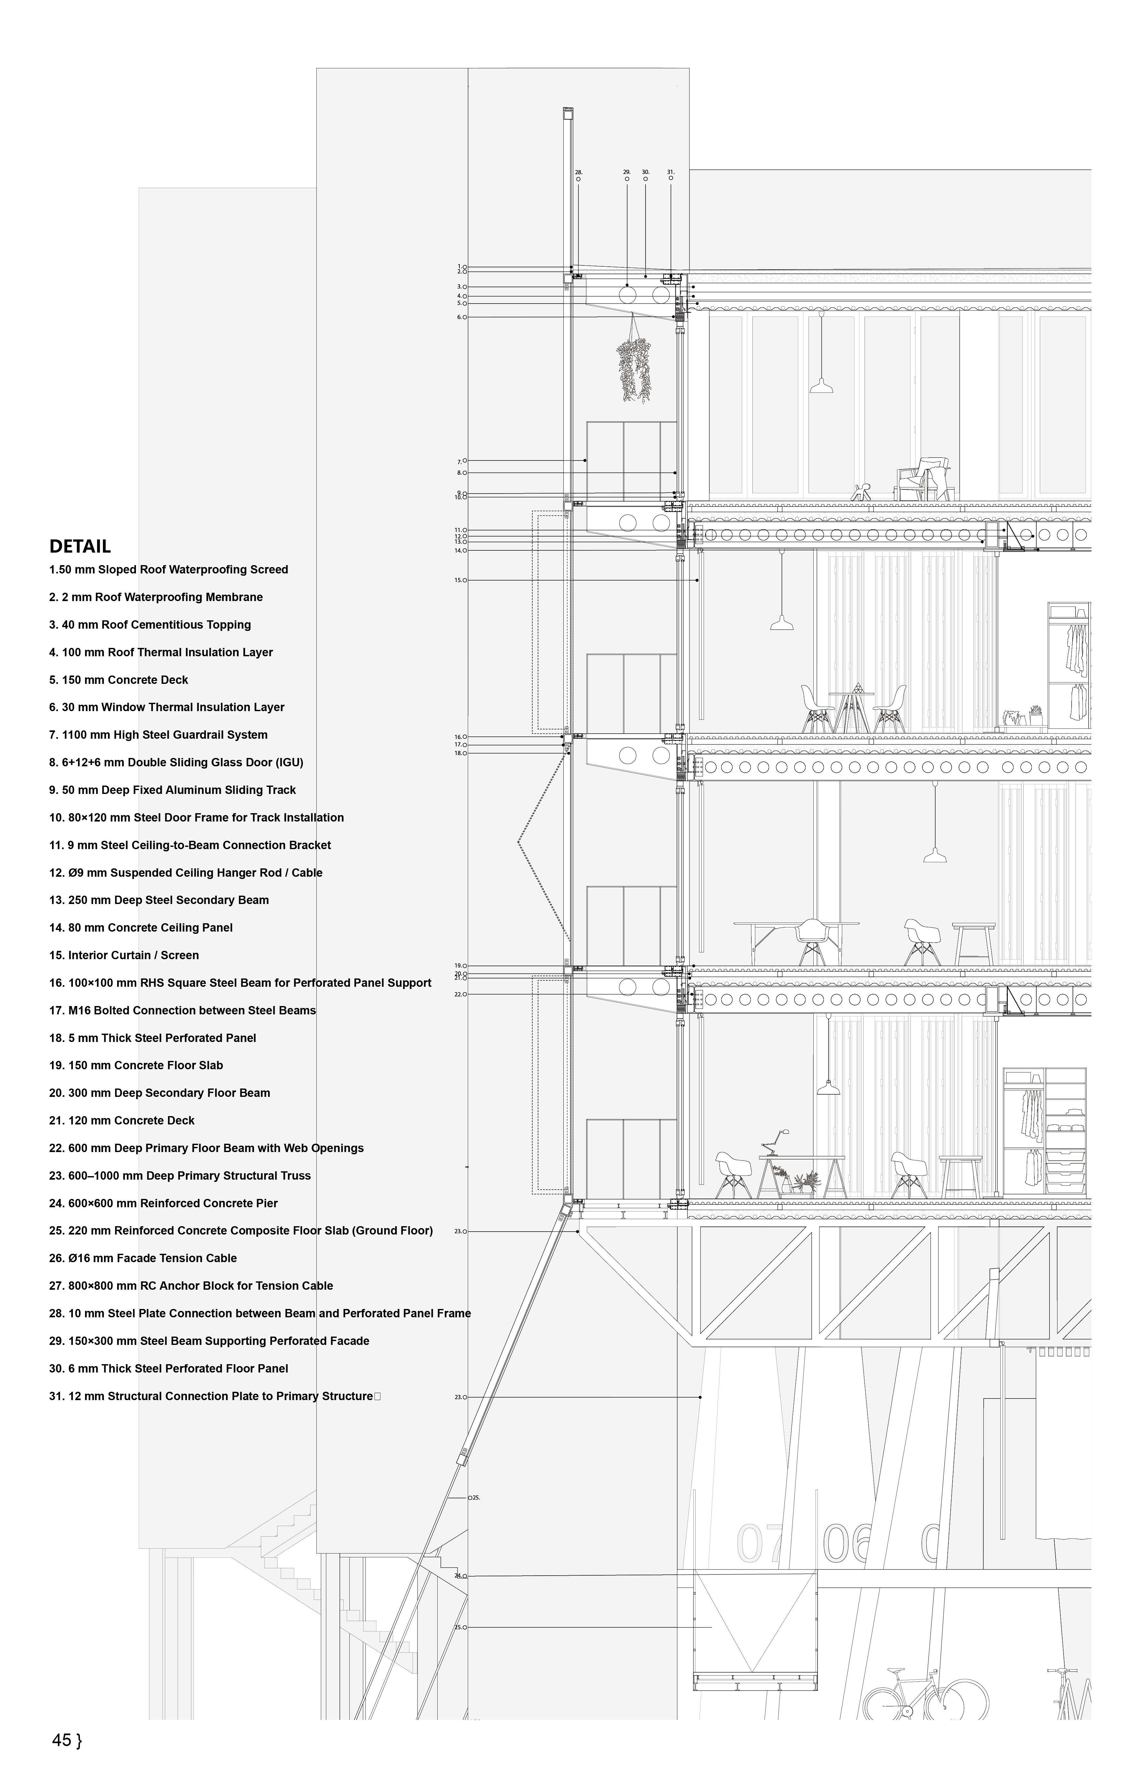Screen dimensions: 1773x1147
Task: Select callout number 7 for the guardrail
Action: (460, 462)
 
